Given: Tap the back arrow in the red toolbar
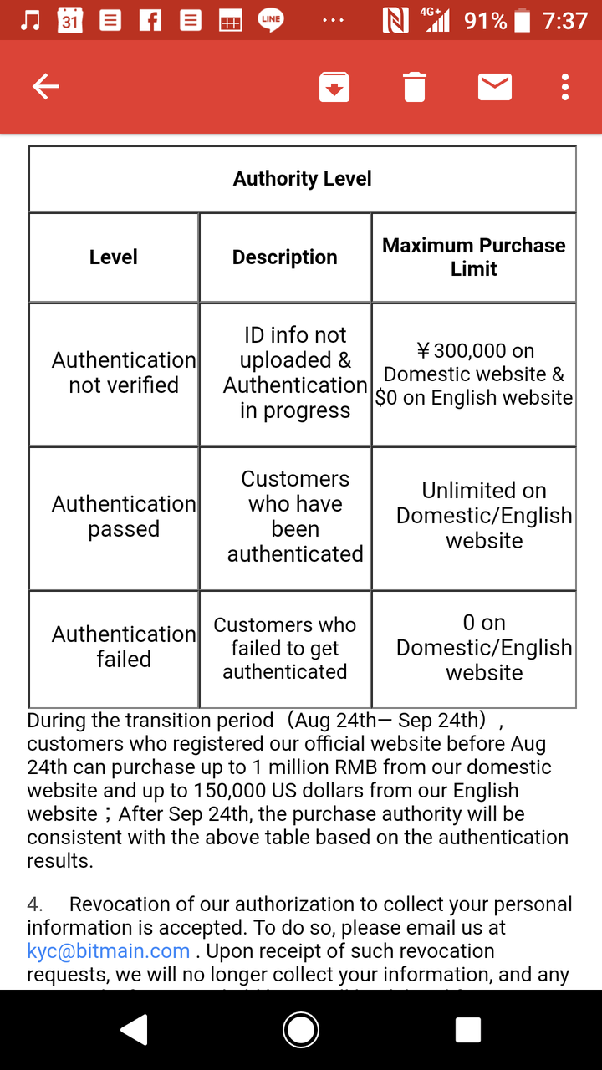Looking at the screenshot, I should tap(45, 86).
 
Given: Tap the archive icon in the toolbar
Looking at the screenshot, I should tap(334, 87).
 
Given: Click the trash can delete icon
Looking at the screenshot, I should tap(415, 87).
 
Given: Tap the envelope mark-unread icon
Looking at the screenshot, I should tap(495, 86).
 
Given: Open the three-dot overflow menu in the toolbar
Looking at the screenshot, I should tap(566, 87).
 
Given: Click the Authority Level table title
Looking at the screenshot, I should tap(302, 179).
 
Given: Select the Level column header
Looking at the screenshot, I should tap(114, 257).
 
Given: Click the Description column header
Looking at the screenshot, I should tap(285, 257).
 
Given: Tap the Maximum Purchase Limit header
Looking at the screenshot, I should tap(474, 257).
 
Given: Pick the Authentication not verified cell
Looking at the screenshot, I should tap(124, 373).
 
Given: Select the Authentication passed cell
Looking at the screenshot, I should tap(124, 517).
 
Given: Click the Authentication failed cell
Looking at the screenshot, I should tap(124, 647).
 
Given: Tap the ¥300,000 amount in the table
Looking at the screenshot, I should tap(475, 351).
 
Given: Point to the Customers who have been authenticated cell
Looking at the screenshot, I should tap(295, 517).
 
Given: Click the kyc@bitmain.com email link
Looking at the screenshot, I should tap(109, 951).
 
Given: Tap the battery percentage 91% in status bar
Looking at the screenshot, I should tap(485, 21).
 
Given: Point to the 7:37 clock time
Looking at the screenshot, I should tap(565, 21).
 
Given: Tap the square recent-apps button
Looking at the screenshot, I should tap(468, 1030).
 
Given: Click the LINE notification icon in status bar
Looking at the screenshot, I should tap(270, 21).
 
